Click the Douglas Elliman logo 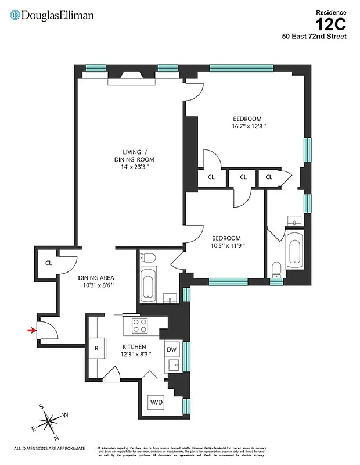[x=52, y=16]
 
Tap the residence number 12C [x=331, y=24]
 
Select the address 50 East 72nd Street [x=315, y=37]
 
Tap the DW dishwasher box [x=171, y=349]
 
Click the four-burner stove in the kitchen [x=141, y=325]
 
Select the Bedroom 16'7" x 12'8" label [x=248, y=121]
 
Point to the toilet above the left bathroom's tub [x=150, y=258]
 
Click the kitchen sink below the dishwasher [x=172, y=366]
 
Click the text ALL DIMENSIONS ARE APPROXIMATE [x=49, y=448]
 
